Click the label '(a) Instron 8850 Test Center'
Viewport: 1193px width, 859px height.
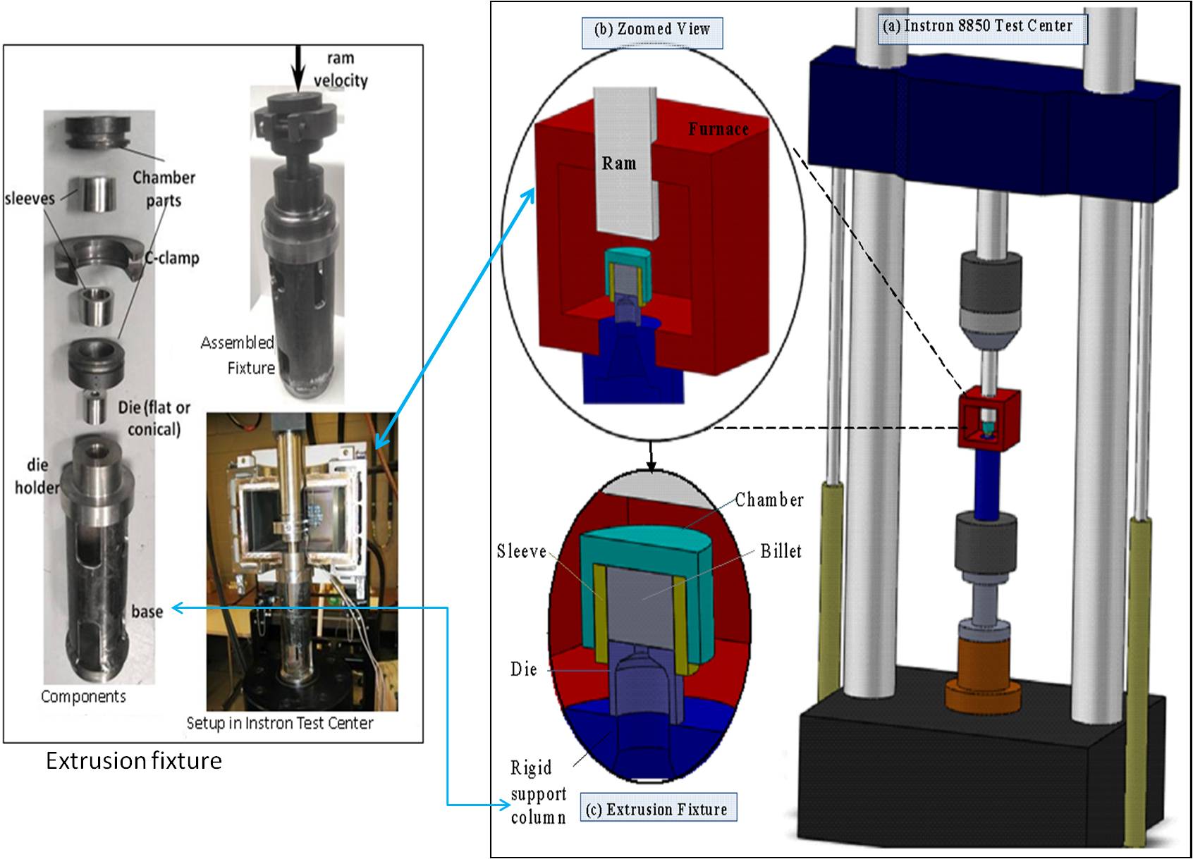982,27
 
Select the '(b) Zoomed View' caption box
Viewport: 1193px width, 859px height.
653,30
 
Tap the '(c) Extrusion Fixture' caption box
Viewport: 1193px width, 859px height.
658,809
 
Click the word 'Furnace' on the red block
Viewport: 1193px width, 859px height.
718,129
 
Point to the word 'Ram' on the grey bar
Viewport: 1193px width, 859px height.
618,163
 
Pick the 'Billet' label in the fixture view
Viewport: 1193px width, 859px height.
781,551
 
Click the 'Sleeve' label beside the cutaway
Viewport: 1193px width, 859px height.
522,550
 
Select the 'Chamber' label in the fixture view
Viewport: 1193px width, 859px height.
769,500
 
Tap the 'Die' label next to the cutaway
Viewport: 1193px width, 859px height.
524,669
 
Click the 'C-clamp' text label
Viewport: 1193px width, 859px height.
172,258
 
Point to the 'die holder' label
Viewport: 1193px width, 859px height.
37,476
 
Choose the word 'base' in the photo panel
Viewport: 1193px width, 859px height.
147,611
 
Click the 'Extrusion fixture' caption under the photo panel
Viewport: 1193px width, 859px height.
134,761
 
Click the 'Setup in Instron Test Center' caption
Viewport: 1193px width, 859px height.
280,723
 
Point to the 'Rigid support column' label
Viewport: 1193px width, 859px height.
539,792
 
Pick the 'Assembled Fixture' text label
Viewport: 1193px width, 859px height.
238,355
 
